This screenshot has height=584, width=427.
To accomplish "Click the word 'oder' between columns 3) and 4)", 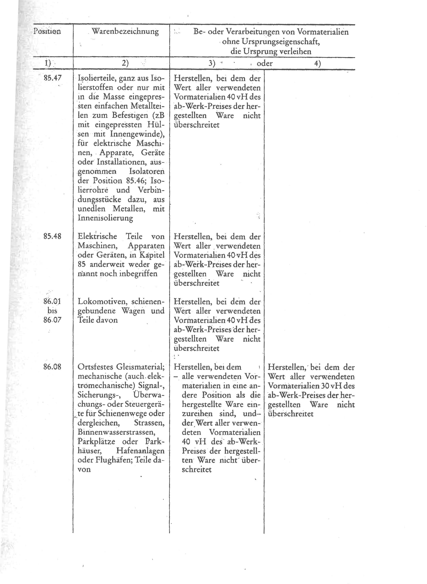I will pyautogui.click(x=264, y=63).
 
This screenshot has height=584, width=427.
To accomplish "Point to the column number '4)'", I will pyautogui.click(x=317, y=63).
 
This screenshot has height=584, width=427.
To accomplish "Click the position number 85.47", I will pyautogui.click(x=52, y=78).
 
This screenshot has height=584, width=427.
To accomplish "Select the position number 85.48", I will pyautogui.click(x=52, y=236).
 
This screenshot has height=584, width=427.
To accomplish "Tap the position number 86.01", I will pyautogui.click(x=52, y=301).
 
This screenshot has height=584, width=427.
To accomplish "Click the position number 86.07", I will pyautogui.click(x=52, y=320).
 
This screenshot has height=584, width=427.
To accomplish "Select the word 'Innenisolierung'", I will pyautogui.click(x=105, y=218).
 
